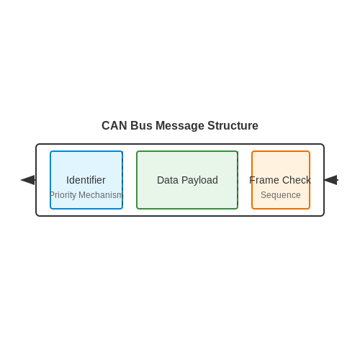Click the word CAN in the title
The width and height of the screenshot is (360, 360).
click(x=114, y=125)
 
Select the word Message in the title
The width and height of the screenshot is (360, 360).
click(x=180, y=126)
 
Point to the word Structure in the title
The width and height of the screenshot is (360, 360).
click(x=233, y=125)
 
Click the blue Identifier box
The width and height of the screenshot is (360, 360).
click(x=86, y=180)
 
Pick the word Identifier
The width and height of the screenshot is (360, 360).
click(x=86, y=180)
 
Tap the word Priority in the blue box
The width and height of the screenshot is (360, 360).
click(x=63, y=195)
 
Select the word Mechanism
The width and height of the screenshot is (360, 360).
click(x=101, y=195)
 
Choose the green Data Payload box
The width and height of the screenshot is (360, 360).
click(x=187, y=180)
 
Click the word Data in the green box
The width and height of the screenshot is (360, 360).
click(x=168, y=180)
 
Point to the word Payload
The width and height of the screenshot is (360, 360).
click(x=199, y=180)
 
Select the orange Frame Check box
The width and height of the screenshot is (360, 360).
click(x=281, y=180)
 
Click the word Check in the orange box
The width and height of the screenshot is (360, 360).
click(x=297, y=180)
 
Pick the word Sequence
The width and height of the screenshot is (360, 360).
click(x=281, y=195)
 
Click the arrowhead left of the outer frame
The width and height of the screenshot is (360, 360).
click(x=28, y=180)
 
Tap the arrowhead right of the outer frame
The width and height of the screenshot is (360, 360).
click(x=330, y=180)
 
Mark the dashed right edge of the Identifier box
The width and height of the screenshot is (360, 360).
click(x=122, y=180)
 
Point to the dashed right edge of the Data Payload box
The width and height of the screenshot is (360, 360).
click(x=238, y=180)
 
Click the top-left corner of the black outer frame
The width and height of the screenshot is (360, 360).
click(x=36, y=144)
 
